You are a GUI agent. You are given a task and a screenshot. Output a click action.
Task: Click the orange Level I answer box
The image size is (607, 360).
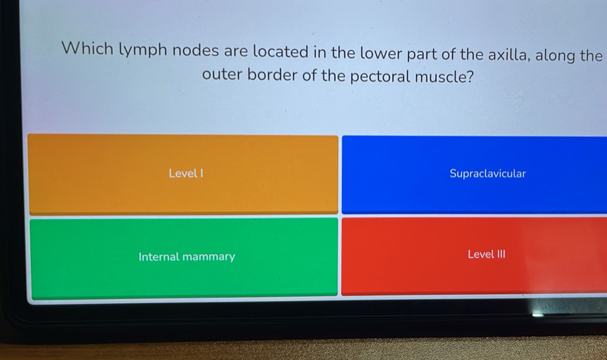pos(182,174)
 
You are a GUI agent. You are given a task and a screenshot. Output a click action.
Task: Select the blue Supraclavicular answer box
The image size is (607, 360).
pos(474,174)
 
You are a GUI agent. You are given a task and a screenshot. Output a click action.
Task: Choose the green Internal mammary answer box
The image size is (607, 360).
pos(184,258)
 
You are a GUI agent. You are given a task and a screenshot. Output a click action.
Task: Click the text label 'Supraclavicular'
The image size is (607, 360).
pos(488,173)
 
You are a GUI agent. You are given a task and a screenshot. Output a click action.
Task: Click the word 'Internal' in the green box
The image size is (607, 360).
pos(159,257)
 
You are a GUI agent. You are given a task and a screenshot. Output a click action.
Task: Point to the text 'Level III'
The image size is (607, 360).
pos(486,254)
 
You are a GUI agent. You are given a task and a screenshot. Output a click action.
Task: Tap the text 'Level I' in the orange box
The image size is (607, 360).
pos(186,173)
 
